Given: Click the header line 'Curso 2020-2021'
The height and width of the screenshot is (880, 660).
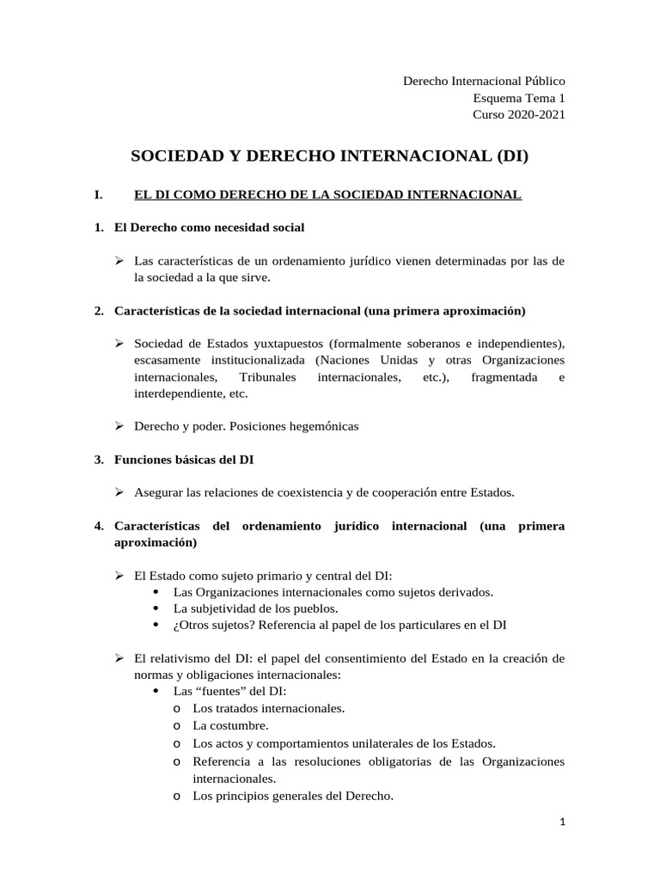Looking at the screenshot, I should [x=519, y=114].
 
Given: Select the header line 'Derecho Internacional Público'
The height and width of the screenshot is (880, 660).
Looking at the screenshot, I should [x=484, y=81].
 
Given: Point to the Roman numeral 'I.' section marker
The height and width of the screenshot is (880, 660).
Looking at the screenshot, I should [x=99, y=195].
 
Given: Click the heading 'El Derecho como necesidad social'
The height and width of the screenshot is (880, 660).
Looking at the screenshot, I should [x=209, y=228].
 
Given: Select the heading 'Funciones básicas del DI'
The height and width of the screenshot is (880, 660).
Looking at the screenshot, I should [x=183, y=460].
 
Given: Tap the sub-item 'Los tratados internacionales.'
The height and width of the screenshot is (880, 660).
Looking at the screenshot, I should [x=268, y=708].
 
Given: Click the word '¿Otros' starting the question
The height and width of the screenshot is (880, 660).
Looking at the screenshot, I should [x=190, y=625].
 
